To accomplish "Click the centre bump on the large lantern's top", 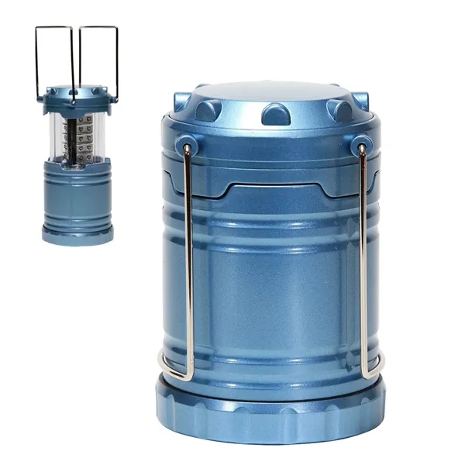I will tap(276, 115).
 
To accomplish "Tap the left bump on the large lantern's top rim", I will tap(208, 109).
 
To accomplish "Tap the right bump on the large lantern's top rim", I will tap(340, 109).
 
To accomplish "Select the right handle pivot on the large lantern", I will tap(360, 146).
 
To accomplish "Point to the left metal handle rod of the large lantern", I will tap(189, 256).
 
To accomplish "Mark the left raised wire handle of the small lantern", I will tap(54, 58).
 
